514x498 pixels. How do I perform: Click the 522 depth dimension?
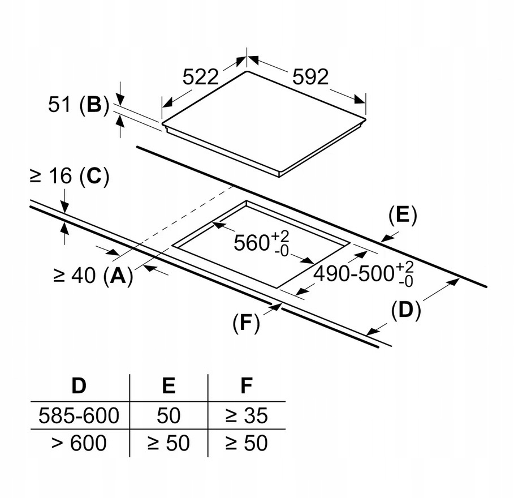(200, 76)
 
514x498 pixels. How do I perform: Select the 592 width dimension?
(310, 76)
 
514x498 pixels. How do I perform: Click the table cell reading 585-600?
(79, 416)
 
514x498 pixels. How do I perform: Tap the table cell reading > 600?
(79, 443)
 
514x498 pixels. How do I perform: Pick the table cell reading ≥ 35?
(246, 416)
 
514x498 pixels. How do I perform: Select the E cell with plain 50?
(169, 416)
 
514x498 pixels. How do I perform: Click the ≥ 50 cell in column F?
(246, 443)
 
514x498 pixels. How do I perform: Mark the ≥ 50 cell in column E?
(169, 443)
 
